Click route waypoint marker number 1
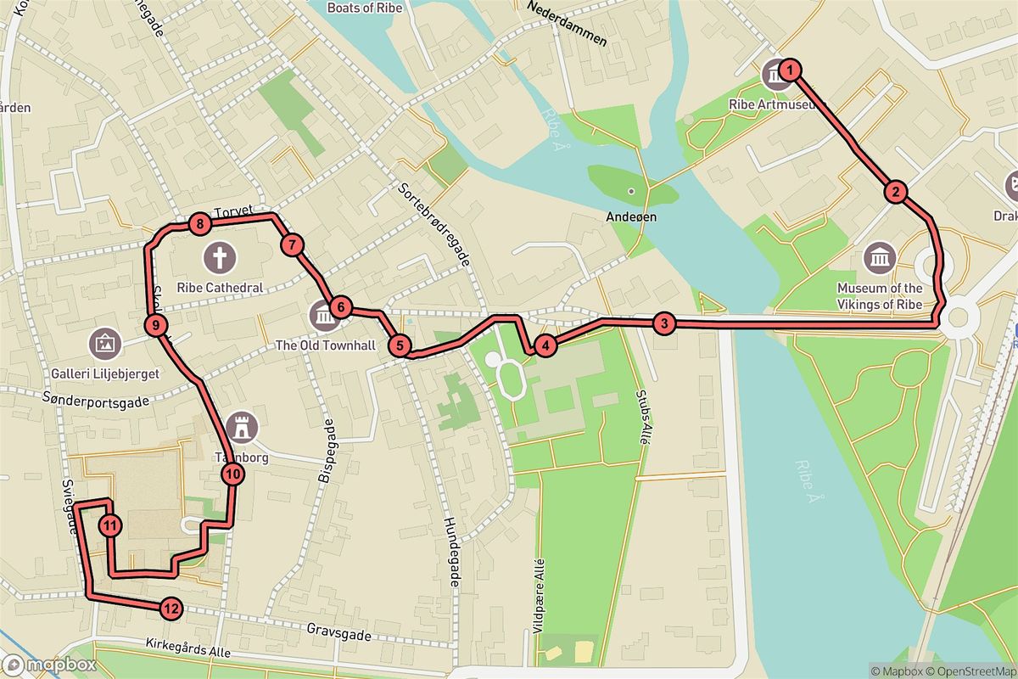[x=790, y=70]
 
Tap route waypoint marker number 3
[x=664, y=323]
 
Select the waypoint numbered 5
[x=400, y=345]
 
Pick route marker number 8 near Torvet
[x=199, y=224]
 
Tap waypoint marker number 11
[x=110, y=525]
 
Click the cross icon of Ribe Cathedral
[x=221, y=256]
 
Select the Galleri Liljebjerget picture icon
[x=105, y=343]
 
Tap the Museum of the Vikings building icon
[x=879, y=256]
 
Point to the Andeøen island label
[x=631, y=216]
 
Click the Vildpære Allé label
[x=540, y=594]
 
